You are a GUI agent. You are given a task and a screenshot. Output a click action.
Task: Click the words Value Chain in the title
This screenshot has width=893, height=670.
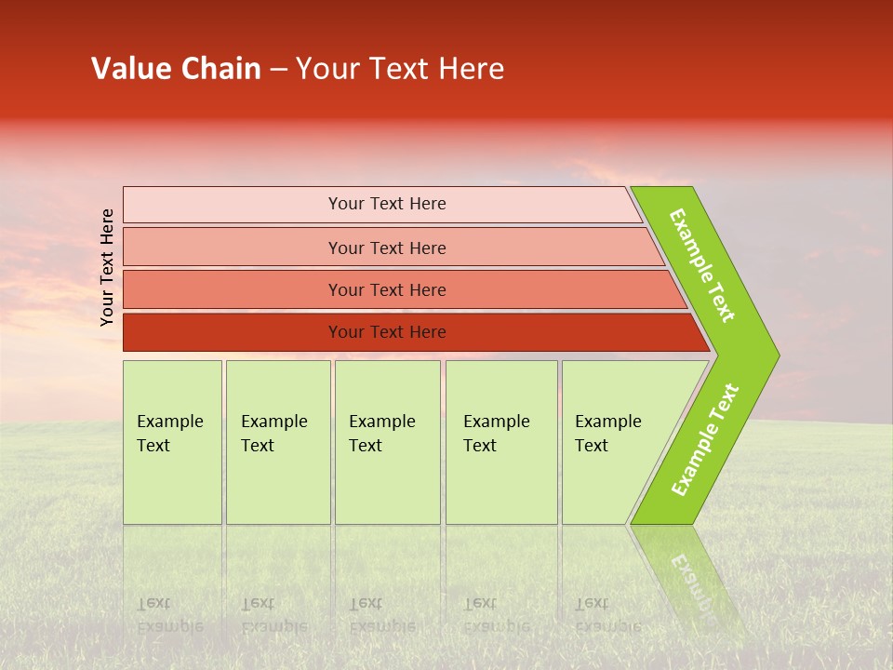tap(176, 69)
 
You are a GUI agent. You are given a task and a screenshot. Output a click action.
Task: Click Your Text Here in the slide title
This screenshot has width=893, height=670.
tap(400, 69)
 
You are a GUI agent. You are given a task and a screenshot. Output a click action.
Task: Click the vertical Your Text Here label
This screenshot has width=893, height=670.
tap(107, 267)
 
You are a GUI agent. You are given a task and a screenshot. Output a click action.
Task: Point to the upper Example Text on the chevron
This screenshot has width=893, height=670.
tap(702, 265)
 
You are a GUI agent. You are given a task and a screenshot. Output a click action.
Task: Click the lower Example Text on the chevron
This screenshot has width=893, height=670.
tap(704, 440)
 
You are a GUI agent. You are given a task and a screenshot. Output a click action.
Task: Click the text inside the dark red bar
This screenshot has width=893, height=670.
tap(387, 332)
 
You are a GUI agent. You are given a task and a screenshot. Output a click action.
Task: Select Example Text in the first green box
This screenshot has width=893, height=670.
tap(169, 433)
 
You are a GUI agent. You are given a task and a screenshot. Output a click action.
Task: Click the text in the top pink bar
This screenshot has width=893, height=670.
tap(387, 204)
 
